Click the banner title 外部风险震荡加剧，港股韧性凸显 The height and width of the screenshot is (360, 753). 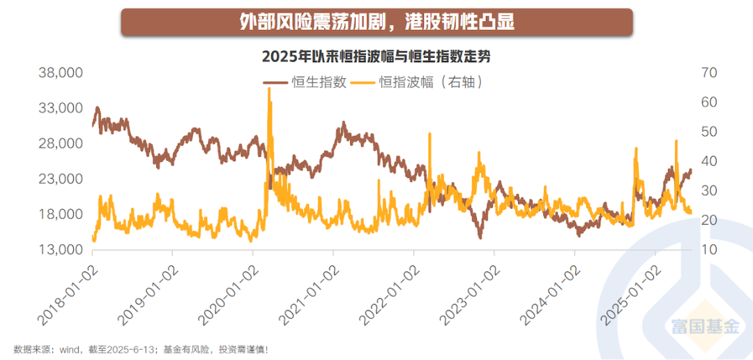[376, 22]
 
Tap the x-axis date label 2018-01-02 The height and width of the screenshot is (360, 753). [66, 293]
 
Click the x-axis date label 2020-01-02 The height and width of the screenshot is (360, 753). [227, 293]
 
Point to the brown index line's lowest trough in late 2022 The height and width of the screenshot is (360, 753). [480, 238]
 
